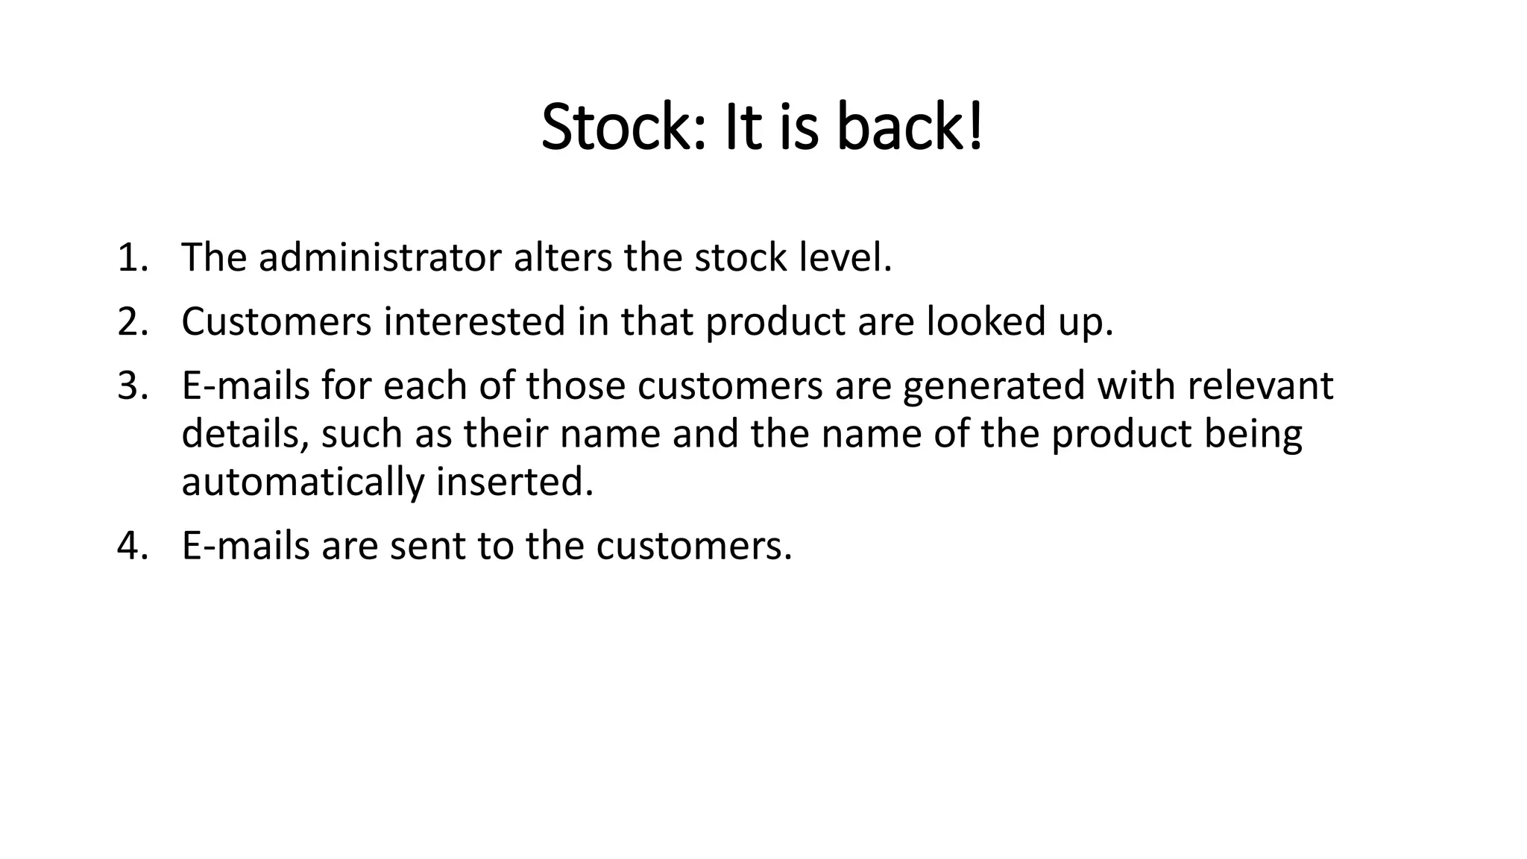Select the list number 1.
coord(133,258)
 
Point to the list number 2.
coord(133,322)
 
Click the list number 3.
coord(133,386)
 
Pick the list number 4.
coord(133,546)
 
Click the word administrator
coord(380,258)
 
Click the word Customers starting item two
coord(277,322)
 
